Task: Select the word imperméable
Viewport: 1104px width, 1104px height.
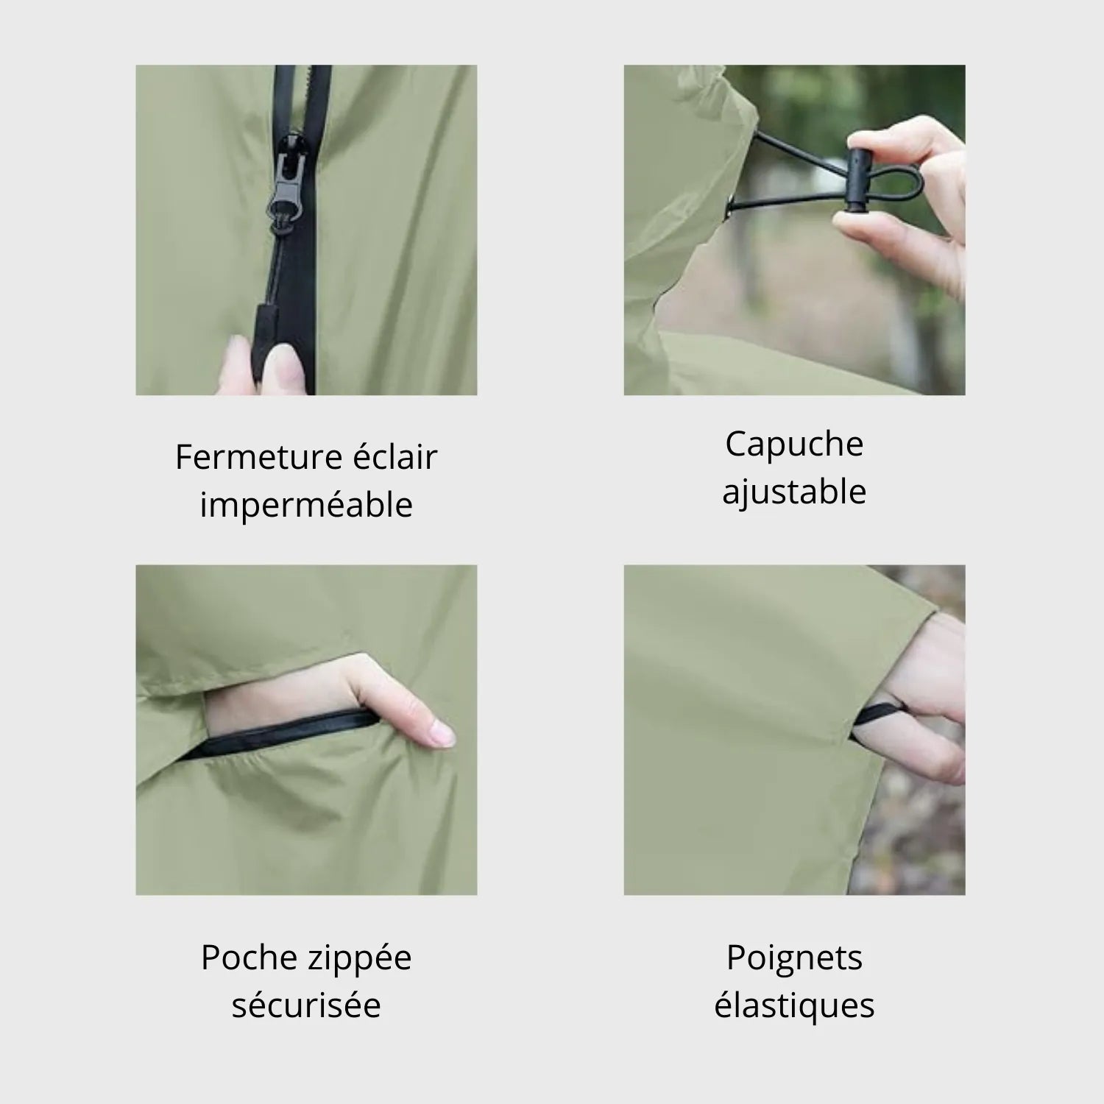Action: [306, 506]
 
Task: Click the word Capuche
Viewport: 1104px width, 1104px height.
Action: [794, 444]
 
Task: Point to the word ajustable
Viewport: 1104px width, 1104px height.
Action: [794, 492]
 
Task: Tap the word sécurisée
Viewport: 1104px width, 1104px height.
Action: [306, 1005]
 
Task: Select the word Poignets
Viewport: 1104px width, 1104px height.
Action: [794, 958]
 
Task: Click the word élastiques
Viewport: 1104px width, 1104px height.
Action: [794, 1005]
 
